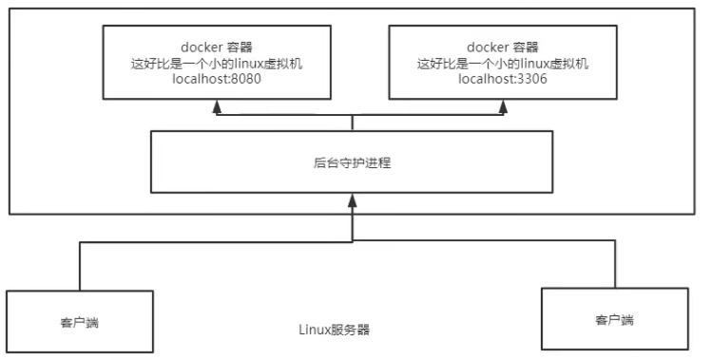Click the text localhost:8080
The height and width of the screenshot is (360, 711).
pyautogui.click(x=216, y=80)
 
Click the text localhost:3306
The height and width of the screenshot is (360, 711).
pyautogui.click(x=503, y=80)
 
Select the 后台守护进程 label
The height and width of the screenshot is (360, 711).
pyautogui.click(x=353, y=162)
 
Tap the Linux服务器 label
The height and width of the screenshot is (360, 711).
pyautogui.click(x=335, y=331)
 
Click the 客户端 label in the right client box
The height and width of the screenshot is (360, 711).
pyautogui.click(x=614, y=321)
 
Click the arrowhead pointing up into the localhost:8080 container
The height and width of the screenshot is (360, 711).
pyautogui.click(x=217, y=106)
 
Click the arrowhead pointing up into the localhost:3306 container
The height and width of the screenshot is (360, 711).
pyautogui.click(x=503, y=106)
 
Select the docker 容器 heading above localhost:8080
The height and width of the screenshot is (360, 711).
pyautogui.click(x=216, y=47)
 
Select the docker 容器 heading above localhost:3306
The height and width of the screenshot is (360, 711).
pyautogui.click(x=503, y=47)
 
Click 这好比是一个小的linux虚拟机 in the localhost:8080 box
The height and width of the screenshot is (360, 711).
pyautogui.click(x=216, y=64)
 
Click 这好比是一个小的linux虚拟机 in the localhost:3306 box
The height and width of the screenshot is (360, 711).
pyautogui.click(x=503, y=64)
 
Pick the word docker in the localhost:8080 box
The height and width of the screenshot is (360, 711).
pyautogui.click(x=201, y=47)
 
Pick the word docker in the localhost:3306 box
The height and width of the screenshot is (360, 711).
pyautogui.click(x=488, y=47)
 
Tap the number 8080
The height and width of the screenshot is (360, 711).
pyautogui.click(x=244, y=80)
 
